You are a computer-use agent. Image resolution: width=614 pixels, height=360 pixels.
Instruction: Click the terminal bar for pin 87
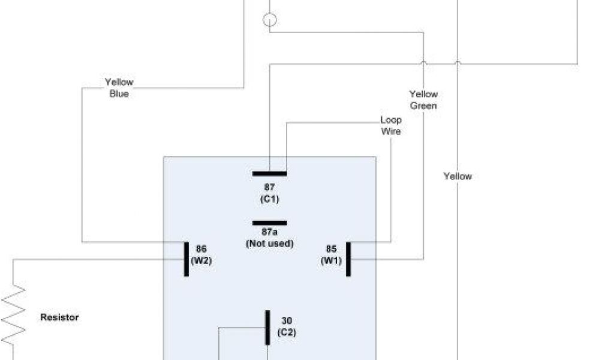pyautogui.click(x=269, y=173)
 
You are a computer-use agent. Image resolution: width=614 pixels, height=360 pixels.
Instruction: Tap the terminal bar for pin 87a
pyautogui.click(x=269, y=223)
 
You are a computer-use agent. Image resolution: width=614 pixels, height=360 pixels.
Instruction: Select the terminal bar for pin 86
pyautogui.click(x=186, y=259)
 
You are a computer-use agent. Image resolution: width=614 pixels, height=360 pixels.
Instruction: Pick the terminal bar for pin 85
pyautogui.click(x=348, y=259)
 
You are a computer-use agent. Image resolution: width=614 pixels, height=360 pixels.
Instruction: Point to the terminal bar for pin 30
pyautogui.click(x=267, y=328)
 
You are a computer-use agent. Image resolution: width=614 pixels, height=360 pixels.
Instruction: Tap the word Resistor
pyautogui.click(x=59, y=317)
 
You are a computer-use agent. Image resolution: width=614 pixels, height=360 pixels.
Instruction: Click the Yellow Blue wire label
pyautogui.click(x=119, y=88)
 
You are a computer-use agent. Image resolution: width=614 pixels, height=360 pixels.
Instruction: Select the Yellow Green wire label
pyautogui.click(x=423, y=100)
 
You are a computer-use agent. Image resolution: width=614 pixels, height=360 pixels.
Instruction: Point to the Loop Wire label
pyautogui.click(x=391, y=125)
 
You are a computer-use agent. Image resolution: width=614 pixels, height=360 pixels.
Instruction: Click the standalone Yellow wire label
pyautogui.click(x=458, y=176)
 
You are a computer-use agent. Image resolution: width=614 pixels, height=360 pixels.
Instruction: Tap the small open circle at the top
pyautogui.click(x=270, y=20)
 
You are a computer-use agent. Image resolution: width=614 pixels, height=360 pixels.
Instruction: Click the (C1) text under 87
pyautogui.click(x=269, y=199)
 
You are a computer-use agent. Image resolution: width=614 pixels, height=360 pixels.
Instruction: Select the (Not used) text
pyautogui.click(x=269, y=243)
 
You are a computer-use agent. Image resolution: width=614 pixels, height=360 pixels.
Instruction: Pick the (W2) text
pyautogui.click(x=201, y=261)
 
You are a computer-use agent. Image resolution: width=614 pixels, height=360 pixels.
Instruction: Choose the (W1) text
pyautogui.click(x=331, y=261)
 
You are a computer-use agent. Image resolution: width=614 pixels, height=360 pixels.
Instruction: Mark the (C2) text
pyautogui.click(x=287, y=332)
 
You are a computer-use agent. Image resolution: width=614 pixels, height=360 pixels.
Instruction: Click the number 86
pyautogui.click(x=201, y=249)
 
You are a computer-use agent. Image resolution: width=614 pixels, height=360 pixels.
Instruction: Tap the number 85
pyautogui.click(x=331, y=249)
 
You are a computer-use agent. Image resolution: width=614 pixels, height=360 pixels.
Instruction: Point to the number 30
pyautogui.click(x=287, y=320)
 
